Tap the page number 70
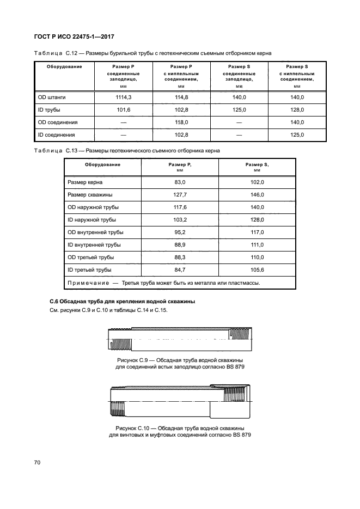point(38,462)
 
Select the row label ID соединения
point(57,134)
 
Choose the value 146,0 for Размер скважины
point(257,195)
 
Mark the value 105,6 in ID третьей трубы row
point(257,270)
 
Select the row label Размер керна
point(84,182)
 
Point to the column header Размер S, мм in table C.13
point(257,167)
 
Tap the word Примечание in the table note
point(88,283)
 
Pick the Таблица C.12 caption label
point(53,53)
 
